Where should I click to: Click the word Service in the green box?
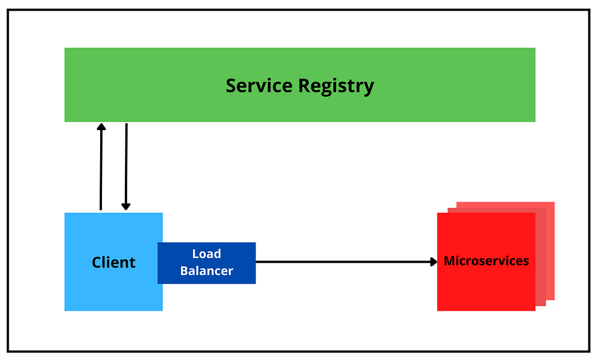tap(259, 86)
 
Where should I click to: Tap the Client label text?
tap(114, 262)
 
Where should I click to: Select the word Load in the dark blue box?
tap(207, 253)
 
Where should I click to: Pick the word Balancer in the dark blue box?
tap(207, 271)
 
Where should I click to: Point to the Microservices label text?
tap(486, 261)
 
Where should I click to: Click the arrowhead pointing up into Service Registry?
tap(101, 127)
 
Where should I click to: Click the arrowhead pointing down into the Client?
tap(126, 206)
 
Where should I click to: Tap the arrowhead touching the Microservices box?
tap(434, 262)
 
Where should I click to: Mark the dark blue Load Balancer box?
tap(207, 263)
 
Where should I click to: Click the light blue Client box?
tap(114, 262)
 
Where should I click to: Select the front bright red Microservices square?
tap(486, 262)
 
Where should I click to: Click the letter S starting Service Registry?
tap(231, 86)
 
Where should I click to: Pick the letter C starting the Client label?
tap(97, 263)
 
